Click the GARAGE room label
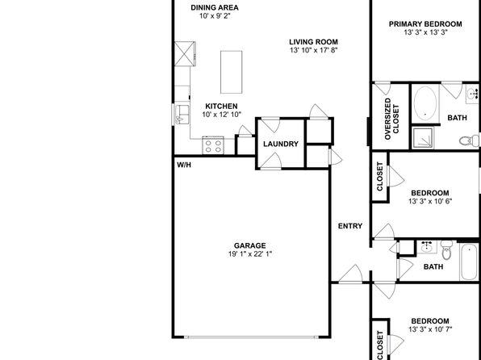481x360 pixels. pyautogui.click(x=249, y=245)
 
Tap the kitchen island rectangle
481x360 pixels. pyautogui.click(x=232, y=72)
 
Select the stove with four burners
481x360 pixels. pyautogui.click(x=213, y=145)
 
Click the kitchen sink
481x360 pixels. pyautogui.click(x=182, y=115)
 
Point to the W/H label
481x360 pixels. pyautogui.click(x=184, y=165)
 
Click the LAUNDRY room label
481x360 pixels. pyautogui.click(x=281, y=144)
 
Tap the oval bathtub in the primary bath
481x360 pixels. pyautogui.click(x=425, y=103)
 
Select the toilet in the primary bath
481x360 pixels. pyautogui.click(x=469, y=141)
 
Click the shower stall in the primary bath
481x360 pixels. pyautogui.click(x=423, y=137)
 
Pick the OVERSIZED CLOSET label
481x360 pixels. pyautogui.click(x=391, y=119)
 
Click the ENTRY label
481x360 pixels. pyautogui.click(x=350, y=226)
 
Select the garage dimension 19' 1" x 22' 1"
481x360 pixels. pyautogui.click(x=250, y=254)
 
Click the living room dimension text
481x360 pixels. pyautogui.click(x=314, y=50)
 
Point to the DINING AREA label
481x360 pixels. pyautogui.click(x=215, y=8)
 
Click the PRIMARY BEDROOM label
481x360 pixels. pyautogui.click(x=425, y=24)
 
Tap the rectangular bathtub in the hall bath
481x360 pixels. pyautogui.click(x=469, y=262)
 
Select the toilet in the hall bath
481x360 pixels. pyautogui.click(x=446, y=249)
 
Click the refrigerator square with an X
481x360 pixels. pyautogui.click(x=185, y=54)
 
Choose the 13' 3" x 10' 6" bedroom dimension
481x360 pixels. pyautogui.click(x=430, y=201)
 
